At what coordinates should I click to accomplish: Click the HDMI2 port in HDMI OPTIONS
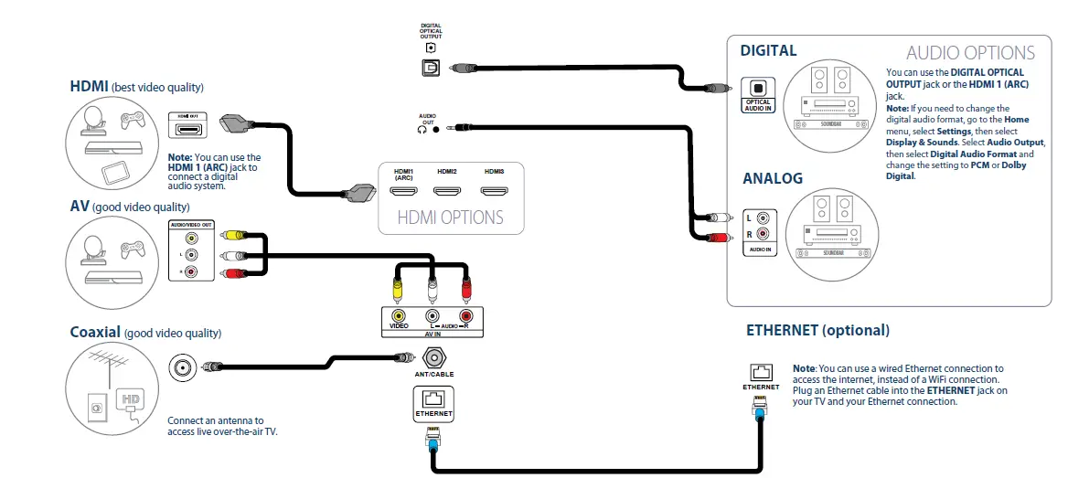[447, 193]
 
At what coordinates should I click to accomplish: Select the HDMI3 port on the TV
[495, 193]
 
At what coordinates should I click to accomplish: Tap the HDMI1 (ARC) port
[403, 193]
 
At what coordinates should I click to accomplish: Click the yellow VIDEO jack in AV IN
[399, 316]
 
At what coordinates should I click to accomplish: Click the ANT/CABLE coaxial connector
[433, 356]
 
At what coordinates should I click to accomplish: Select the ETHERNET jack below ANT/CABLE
[433, 399]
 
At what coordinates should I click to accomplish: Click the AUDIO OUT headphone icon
[422, 129]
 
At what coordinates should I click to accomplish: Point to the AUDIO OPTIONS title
[970, 53]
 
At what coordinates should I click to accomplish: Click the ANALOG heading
[773, 178]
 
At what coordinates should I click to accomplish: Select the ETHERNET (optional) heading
[817, 330]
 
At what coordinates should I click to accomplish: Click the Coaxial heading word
[95, 332]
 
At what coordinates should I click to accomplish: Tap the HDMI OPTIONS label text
[450, 218]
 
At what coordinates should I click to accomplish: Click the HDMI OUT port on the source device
[189, 131]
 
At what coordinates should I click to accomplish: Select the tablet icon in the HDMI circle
[115, 172]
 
